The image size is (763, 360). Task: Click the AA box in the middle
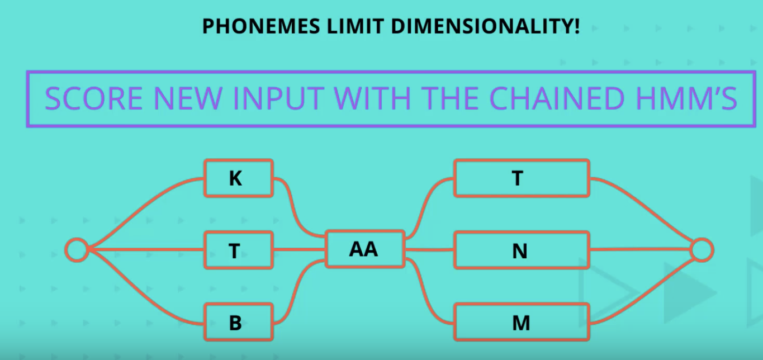coord(365,249)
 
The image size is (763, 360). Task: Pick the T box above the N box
coord(521,178)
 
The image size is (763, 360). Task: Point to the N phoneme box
coord(521,250)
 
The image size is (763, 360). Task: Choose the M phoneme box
coord(521,322)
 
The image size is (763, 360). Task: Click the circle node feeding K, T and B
coord(77,250)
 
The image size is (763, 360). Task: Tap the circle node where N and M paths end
coord(702,250)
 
